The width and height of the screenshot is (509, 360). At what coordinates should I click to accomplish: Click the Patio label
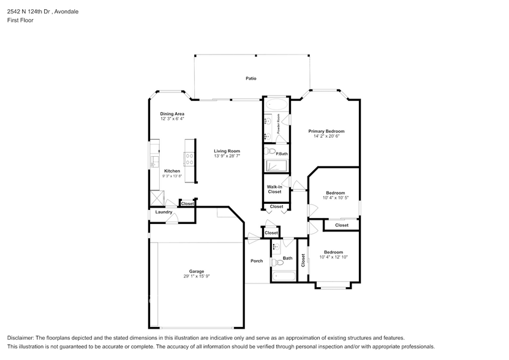[x=251, y=78]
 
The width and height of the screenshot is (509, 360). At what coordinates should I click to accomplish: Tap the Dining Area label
[x=172, y=114]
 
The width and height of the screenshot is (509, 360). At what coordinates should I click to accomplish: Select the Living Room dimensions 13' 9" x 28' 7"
[x=227, y=156]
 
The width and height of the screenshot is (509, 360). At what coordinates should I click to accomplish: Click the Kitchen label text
[x=172, y=171]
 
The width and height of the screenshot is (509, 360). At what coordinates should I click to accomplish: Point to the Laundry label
[x=164, y=212]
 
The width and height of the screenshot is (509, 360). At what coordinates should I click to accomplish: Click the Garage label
[x=196, y=271]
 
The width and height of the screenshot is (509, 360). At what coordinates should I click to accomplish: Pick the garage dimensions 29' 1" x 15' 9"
[x=196, y=276]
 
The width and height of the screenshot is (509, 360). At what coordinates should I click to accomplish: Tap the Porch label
[x=257, y=261]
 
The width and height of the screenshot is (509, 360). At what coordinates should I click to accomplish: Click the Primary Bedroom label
[x=326, y=131]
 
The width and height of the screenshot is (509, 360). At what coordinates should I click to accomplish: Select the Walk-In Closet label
[x=274, y=189]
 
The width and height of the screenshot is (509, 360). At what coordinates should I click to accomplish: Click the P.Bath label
[x=282, y=154]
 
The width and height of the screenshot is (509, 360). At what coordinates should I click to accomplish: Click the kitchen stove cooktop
[x=189, y=156]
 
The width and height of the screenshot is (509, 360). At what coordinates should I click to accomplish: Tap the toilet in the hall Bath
[x=275, y=263]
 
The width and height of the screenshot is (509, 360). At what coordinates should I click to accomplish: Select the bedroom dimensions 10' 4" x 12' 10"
[x=333, y=257]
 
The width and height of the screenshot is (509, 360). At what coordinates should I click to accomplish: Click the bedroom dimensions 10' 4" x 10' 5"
[x=334, y=198]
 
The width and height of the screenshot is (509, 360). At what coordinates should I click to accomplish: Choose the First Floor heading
[x=20, y=20]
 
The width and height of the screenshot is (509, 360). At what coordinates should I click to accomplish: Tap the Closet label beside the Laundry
[x=187, y=203]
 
